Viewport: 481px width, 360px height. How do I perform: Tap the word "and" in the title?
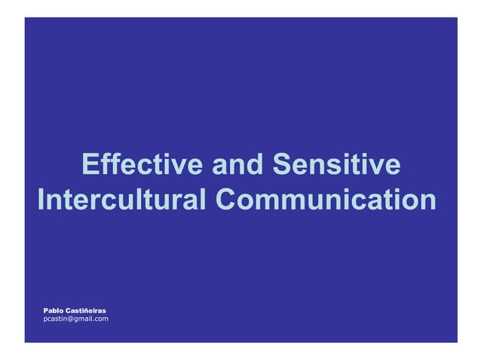tap(237, 165)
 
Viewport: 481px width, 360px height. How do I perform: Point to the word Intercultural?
tap(121, 200)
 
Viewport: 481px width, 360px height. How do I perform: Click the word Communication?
tap(326, 200)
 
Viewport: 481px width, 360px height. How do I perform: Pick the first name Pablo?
tap(54, 310)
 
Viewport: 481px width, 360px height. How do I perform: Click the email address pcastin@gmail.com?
tap(75, 319)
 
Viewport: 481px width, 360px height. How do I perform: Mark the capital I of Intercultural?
tap(41, 200)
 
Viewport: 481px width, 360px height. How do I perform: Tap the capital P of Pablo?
tap(46, 310)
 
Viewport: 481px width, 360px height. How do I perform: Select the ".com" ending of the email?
tap(100, 319)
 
